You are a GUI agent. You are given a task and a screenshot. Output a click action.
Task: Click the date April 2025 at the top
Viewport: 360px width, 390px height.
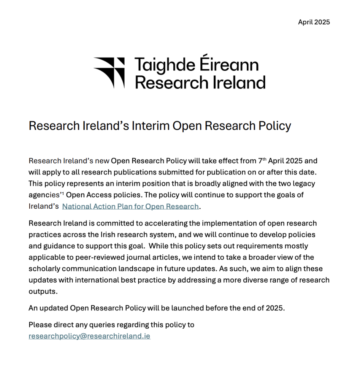tap(314, 22)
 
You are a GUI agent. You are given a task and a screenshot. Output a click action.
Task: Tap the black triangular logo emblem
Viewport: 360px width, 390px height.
tap(109, 72)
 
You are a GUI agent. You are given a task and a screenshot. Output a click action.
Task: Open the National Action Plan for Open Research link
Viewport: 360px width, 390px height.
tap(130, 206)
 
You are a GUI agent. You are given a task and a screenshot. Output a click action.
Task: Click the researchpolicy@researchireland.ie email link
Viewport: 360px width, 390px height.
tap(89, 336)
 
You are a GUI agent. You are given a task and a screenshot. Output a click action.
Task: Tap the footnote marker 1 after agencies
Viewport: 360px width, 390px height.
tap(63, 193)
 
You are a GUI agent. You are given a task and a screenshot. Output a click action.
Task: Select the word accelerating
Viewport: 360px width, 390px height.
tap(134, 223)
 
